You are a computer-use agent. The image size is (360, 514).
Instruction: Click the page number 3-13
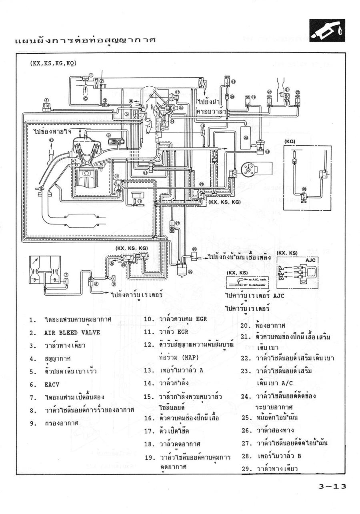coord(332,486)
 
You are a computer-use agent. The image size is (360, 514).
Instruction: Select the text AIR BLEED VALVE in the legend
coord(72,333)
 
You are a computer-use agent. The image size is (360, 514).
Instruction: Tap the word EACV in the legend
coord(51,384)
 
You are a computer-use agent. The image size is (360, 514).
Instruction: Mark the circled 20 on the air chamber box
coord(246,137)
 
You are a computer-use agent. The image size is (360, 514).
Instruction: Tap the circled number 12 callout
coord(140,201)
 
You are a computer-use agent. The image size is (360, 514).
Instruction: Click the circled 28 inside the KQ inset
coord(304,189)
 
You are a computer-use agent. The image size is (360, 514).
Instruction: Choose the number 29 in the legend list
coord(245,469)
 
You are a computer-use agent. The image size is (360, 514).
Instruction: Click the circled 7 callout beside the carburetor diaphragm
coord(66,275)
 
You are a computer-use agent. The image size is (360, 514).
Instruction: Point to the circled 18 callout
coord(268,151)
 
